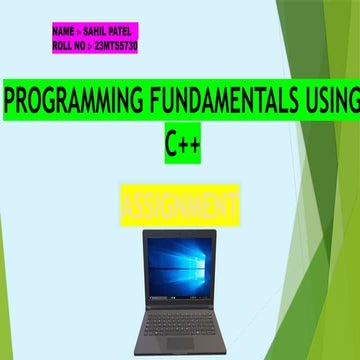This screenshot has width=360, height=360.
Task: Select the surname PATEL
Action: [125, 32]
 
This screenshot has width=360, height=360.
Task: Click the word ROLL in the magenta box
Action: [61, 45]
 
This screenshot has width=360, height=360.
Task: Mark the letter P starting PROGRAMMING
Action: [11, 102]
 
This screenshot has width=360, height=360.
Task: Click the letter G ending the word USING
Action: [349, 102]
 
